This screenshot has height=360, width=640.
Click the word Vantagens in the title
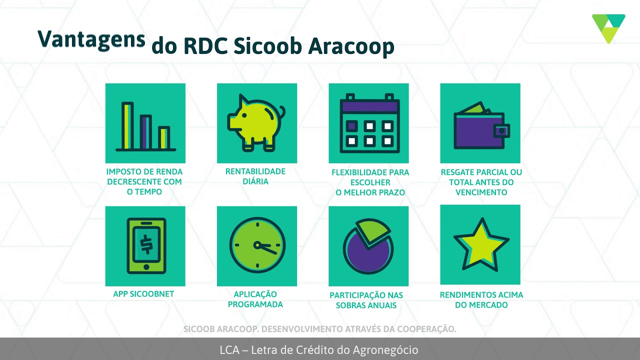91,39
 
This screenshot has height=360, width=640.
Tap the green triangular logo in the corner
608,28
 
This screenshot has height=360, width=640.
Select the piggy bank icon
255,122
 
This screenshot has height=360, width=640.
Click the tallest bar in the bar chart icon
127,125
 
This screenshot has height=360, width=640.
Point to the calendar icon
368,123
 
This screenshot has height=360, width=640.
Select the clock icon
257,245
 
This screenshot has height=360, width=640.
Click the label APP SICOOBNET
143,294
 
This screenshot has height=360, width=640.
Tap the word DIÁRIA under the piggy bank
255,181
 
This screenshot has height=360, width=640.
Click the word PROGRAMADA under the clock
255,304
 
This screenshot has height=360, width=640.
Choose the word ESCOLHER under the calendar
370,182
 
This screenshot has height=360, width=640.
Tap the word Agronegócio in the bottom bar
384,350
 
